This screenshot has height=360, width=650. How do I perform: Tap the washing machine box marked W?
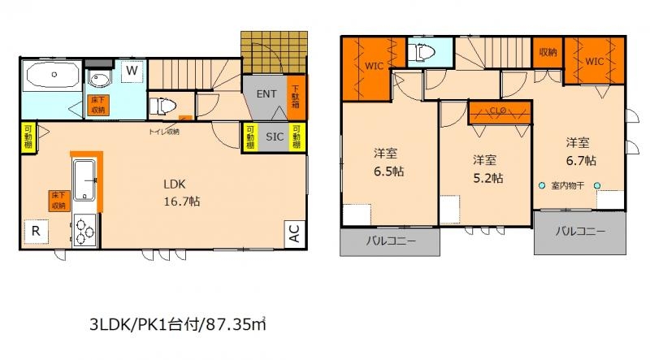(132, 71)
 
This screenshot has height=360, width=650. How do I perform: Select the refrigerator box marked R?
(35, 231)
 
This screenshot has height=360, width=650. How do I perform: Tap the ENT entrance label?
(266, 93)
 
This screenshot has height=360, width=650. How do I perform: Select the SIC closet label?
(274, 137)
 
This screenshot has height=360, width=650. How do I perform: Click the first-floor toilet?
(162, 106)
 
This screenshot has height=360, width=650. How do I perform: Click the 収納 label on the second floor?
(547, 54)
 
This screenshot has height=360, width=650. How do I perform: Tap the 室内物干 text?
(569, 186)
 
